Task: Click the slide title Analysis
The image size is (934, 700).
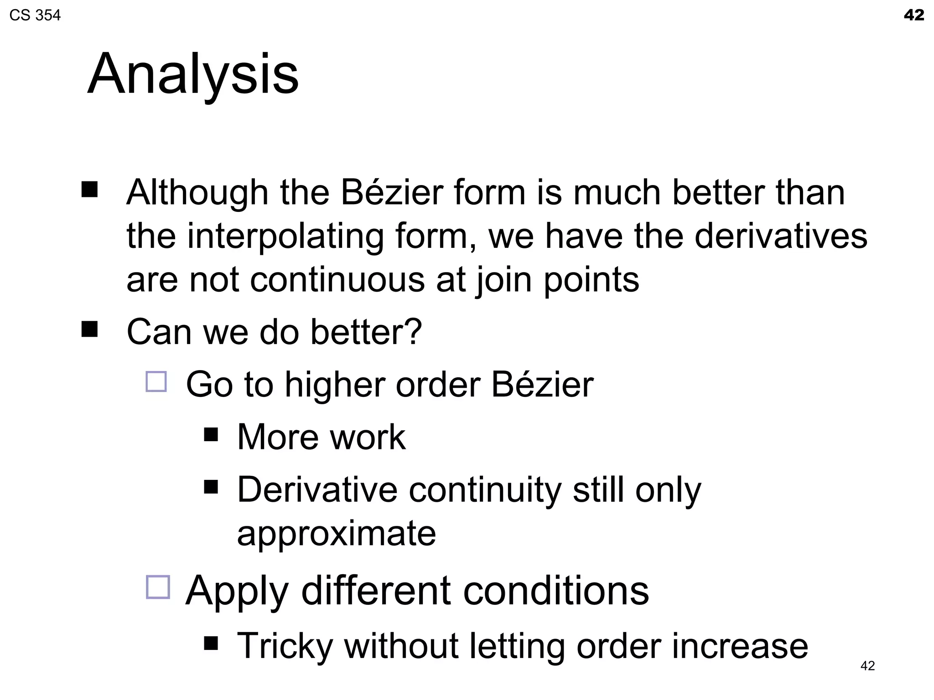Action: (193, 74)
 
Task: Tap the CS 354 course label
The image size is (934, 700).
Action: (35, 15)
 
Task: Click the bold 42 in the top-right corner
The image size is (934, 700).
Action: (913, 15)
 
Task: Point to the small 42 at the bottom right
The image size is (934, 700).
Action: (867, 666)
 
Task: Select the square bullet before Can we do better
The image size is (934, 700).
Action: (90, 329)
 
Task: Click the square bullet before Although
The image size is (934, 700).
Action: (90, 189)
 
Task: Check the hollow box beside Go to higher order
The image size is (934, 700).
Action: (156, 381)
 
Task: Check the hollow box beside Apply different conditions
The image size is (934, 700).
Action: (158, 587)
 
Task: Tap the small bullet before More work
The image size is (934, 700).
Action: (211, 434)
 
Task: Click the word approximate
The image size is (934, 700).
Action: (337, 533)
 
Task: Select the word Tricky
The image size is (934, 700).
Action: (285, 646)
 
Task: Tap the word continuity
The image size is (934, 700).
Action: (485, 490)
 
